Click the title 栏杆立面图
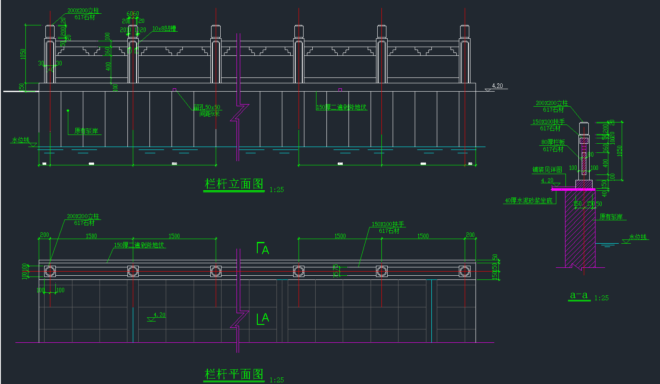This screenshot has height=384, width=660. point(234,184)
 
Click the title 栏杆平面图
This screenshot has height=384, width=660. point(234,374)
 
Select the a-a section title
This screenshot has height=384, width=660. point(579,295)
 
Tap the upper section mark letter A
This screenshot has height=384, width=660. point(265,250)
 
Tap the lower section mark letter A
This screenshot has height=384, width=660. point(265,318)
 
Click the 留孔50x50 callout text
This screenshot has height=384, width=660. point(207,107)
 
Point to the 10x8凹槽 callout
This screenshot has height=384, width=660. point(164,29)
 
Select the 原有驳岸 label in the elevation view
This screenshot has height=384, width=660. point(86,131)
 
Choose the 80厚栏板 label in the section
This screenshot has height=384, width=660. point(553,142)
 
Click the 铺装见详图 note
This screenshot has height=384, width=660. point(547,170)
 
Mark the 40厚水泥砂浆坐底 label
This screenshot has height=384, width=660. point(528,200)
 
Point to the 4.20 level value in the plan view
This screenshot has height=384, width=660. point(159,315)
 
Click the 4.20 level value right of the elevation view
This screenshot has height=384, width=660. point(497,86)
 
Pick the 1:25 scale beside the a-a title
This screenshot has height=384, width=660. point(601,298)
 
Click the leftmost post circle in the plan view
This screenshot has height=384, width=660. point(50,271)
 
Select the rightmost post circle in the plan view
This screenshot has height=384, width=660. point(465,271)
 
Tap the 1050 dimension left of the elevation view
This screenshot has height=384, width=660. point(23,54)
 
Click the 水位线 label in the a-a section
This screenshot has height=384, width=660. point(638,237)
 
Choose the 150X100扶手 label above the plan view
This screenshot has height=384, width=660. point(388,224)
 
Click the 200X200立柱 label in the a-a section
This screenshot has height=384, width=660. point(551,103)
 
